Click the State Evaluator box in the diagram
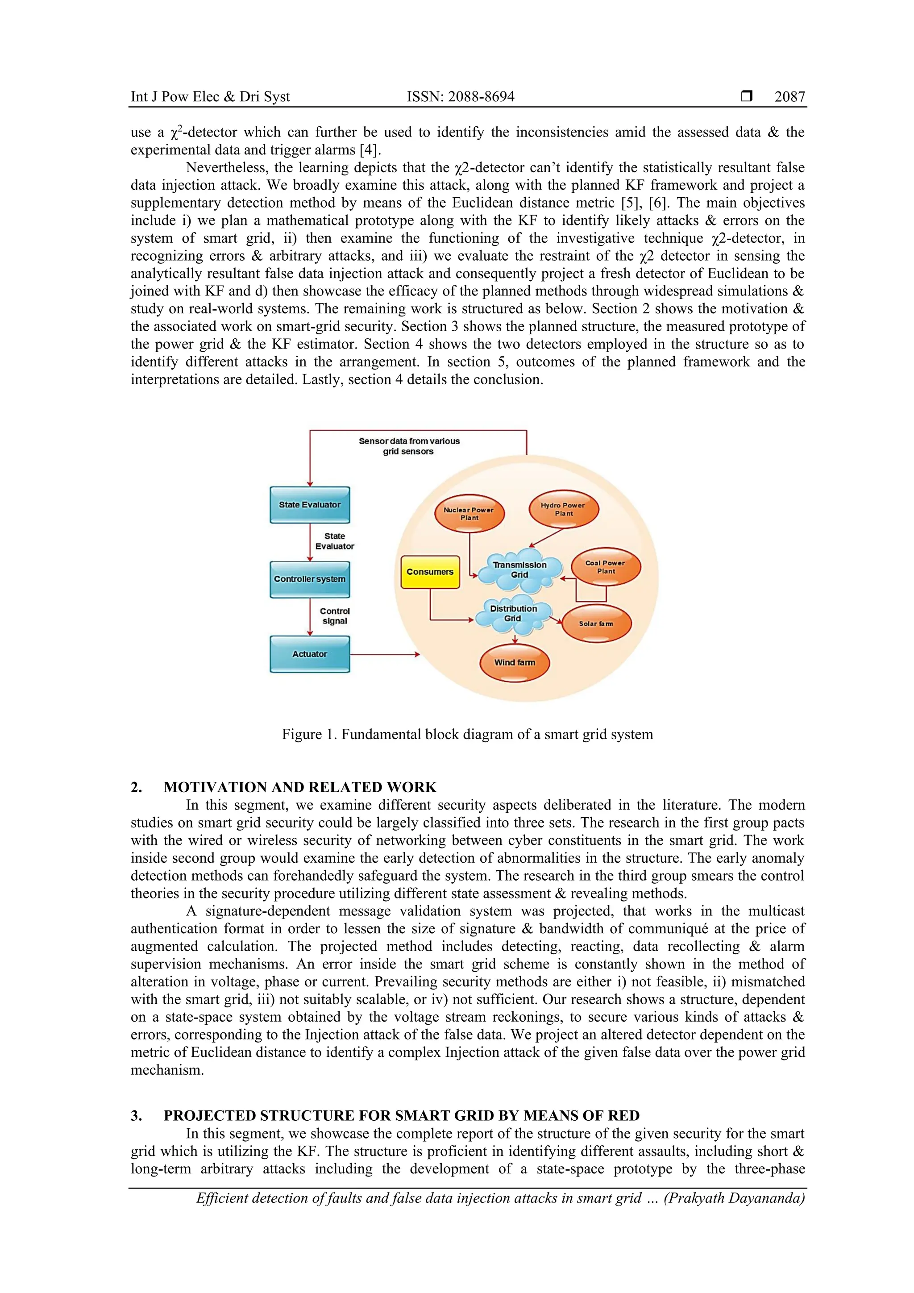pos(310,505)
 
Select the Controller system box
pos(310,579)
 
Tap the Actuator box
pos(310,654)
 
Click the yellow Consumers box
pos(430,572)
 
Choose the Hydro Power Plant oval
pos(563,509)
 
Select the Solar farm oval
pos(596,624)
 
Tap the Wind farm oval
pos(514,662)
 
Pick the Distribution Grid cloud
pos(512,613)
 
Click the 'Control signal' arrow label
pos(335,616)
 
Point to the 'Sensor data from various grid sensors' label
pos(409,446)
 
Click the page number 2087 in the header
pos(789,97)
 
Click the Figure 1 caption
pos(467,734)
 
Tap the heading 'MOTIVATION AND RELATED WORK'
pos(299,787)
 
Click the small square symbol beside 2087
pos(747,96)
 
